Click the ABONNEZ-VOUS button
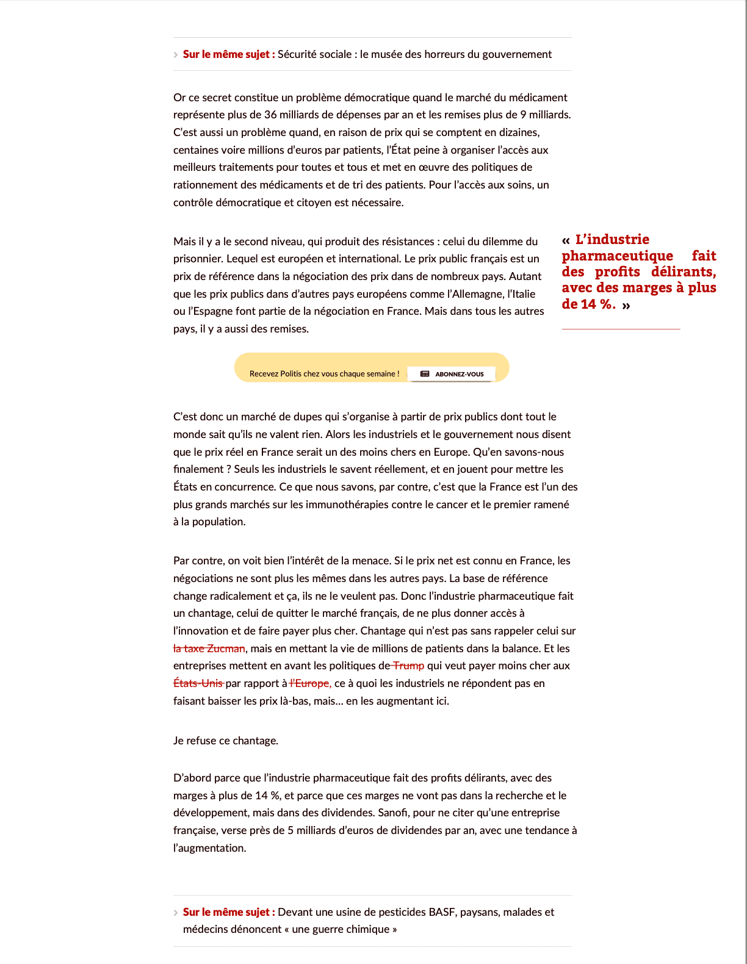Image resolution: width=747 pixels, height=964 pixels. click(452, 374)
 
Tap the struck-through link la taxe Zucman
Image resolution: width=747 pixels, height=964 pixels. click(209, 649)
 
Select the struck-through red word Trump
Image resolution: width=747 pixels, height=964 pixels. click(408, 666)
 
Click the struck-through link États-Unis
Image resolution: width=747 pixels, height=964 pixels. click(198, 683)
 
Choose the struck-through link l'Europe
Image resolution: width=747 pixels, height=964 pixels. click(311, 683)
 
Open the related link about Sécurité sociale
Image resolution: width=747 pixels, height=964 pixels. click(414, 54)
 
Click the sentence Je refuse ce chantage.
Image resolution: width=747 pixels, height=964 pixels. click(226, 741)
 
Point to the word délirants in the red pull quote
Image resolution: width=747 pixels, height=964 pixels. click(683, 272)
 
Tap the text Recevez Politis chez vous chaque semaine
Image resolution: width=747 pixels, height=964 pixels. click(324, 374)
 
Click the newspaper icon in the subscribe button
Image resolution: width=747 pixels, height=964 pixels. click(425, 374)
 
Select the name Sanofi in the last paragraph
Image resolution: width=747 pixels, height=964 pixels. click(392, 813)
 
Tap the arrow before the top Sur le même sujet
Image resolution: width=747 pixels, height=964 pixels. click(176, 55)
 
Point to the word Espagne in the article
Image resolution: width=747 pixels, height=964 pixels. click(211, 311)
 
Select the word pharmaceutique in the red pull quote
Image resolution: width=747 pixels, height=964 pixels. click(617, 256)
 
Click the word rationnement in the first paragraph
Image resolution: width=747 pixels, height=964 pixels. click(204, 185)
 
